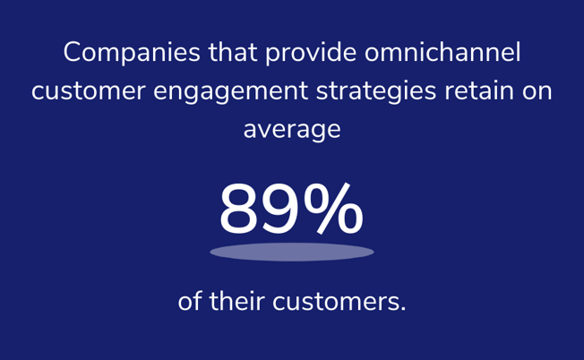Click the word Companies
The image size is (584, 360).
tap(132, 53)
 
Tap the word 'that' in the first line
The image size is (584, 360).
tap(233, 52)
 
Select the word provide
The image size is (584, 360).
tap(311, 53)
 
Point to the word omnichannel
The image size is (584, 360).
tap(442, 52)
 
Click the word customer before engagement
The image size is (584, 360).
tap(89, 91)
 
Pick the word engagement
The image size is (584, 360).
tap(230, 92)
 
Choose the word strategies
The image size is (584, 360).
tap(376, 91)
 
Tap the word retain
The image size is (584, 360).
tap(479, 90)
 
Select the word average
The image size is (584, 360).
tap(292, 131)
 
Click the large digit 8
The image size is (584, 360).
tap(239, 209)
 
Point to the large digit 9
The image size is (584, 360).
tap(280, 209)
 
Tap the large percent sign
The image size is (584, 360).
tap(333, 208)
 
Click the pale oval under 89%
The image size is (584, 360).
tap(292, 252)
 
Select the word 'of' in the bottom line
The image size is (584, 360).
tap(190, 301)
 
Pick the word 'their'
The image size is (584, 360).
tap(236, 301)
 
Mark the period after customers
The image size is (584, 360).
tap(402, 309)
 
